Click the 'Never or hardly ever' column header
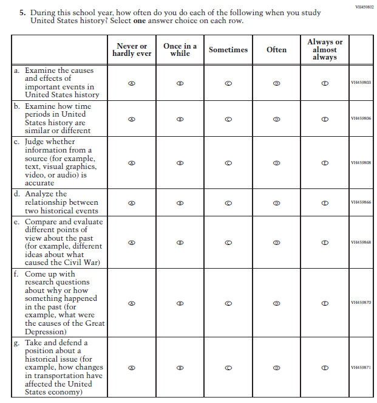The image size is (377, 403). click(131, 50)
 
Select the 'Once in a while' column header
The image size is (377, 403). click(180, 50)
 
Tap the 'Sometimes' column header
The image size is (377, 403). click(228, 50)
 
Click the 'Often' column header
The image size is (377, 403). click(276, 50)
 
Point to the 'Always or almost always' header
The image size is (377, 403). click(325, 50)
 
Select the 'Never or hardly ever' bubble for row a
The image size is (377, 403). click(132, 83)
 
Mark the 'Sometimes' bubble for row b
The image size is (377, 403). click(228, 120)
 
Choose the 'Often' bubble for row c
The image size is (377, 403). click(276, 163)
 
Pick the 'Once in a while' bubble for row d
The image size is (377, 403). click(180, 203)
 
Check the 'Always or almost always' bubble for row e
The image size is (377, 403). click(325, 243)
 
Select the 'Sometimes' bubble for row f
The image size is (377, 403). click(228, 303)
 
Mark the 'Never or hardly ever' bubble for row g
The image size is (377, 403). click(132, 368)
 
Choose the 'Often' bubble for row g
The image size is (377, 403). click(276, 368)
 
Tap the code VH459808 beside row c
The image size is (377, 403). click(361, 163)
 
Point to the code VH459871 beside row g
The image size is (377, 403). click(361, 368)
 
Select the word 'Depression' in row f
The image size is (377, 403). click(46, 332)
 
